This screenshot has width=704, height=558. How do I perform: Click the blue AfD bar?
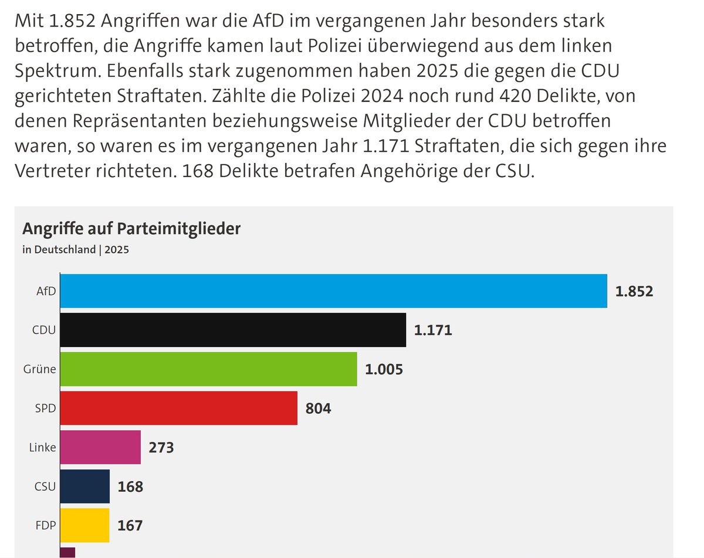[x=334, y=291]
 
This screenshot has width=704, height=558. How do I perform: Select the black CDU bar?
[x=233, y=330]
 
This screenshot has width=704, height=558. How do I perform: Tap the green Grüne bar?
[x=209, y=369]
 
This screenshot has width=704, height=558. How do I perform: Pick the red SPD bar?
[x=179, y=408]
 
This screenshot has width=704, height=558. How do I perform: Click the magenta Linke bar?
[x=100, y=447]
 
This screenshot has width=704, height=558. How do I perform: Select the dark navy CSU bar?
[x=85, y=486]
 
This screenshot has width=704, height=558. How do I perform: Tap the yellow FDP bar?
[x=84, y=525]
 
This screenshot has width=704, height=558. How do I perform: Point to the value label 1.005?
[x=384, y=369]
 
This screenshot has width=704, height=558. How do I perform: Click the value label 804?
[x=319, y=409]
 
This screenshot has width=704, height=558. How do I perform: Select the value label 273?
[x=161, y=447]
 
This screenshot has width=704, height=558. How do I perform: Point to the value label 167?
[x=130, y=526]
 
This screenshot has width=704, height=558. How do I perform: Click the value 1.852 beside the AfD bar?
[x=634, y=291]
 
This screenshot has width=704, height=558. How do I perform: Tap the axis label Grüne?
[x=39, y=369]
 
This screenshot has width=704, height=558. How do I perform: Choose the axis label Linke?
[x=42, y=447]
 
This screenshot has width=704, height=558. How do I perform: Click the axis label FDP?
[x=46, y=525]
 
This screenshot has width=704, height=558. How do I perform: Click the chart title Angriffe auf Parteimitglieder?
[x=131, y=229]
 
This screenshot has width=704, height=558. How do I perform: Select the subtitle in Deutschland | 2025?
[x=76, y=250]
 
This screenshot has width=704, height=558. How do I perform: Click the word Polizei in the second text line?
[x=334, y=46]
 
